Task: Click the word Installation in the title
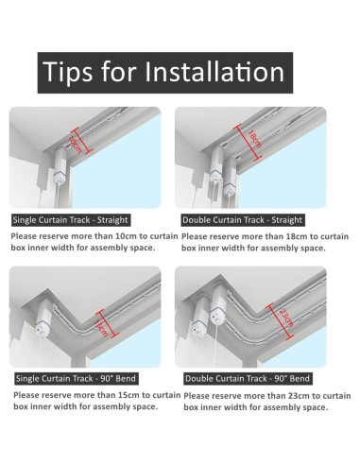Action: point(214,72)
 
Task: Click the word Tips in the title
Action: point(68,73)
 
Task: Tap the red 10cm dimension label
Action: point(76,145)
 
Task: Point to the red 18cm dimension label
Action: point(254,139)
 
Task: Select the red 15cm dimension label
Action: point(101,328)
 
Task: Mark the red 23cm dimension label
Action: point(286,319)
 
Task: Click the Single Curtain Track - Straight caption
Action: point(71,220)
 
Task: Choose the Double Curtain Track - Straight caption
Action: point(243,220)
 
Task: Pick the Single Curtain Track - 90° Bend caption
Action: point(76,378)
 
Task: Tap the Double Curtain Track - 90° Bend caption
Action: point(248,378)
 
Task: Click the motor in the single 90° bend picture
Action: point(44,318)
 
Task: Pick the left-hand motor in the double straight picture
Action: point(216,165)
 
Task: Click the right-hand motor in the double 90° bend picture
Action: point(218,303)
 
